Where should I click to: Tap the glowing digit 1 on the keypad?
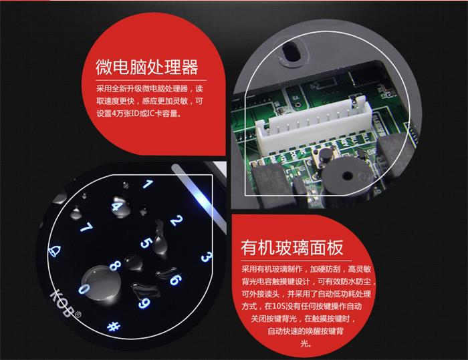click(x=148, y=184)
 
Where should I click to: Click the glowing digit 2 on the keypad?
click(x=177, y=220)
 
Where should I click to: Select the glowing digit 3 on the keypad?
click(x=206, y=256)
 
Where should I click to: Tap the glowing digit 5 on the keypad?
click(x=146, y=243)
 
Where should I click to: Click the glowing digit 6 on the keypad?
click(x=175, y=280)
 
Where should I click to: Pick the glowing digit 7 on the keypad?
click(x=86, y=228)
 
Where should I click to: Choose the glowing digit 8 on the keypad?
click(x=115, y=265)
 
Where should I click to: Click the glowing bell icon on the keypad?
click(x=55, y=251)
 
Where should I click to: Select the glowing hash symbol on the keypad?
click(x=114, y=326)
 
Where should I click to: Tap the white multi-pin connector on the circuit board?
click(x=314, y=126)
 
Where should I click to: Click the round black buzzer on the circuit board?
click(x=347, y=175)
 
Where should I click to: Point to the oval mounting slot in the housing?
click(x=291, y=51)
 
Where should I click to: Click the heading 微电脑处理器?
click(x=147, y=67)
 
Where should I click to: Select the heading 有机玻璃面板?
click(x=292, y=248)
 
